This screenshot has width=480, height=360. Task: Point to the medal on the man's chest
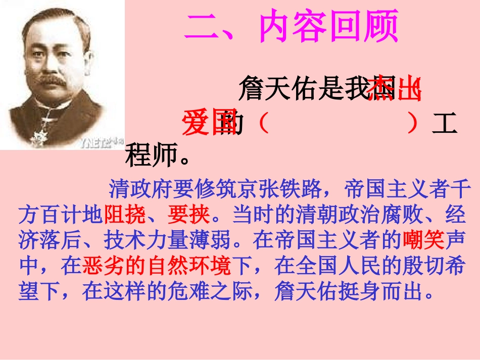coord(38,136)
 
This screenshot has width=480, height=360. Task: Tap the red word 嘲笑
coord(423,241)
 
